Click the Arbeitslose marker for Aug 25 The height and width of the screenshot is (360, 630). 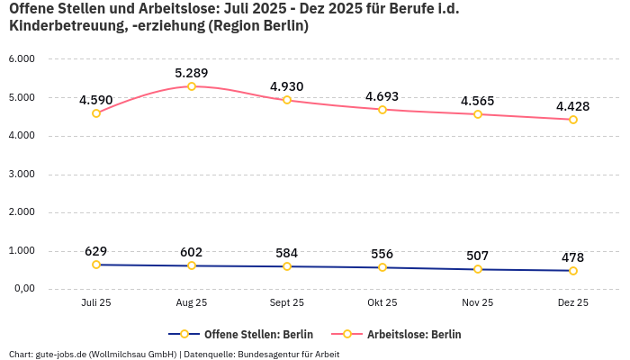click(192, 86)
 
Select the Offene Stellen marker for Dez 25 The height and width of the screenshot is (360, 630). click(572, 271)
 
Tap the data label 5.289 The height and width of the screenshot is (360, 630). click(192, 72)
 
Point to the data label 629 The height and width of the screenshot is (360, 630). click(96, 251)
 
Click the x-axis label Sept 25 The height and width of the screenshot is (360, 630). click(287, 303)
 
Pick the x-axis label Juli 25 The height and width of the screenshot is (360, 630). click(96, 303)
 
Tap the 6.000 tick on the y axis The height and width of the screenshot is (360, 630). click(21, 58)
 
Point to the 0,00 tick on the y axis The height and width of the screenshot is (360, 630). click(22, 289)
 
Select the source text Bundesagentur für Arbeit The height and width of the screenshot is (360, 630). click(291, 354)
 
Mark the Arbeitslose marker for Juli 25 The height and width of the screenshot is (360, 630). click(96, 113)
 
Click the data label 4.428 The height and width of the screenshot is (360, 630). click(572, 106)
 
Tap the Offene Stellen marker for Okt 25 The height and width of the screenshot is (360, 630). click(382, 267)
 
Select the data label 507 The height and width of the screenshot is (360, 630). click(477, 256)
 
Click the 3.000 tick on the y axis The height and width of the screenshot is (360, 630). click(21, 174)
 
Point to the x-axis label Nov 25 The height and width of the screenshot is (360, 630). click(477, 303)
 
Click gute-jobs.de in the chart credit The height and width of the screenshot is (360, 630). click(60, 354)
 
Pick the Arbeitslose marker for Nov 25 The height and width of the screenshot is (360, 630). click(477, 114)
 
